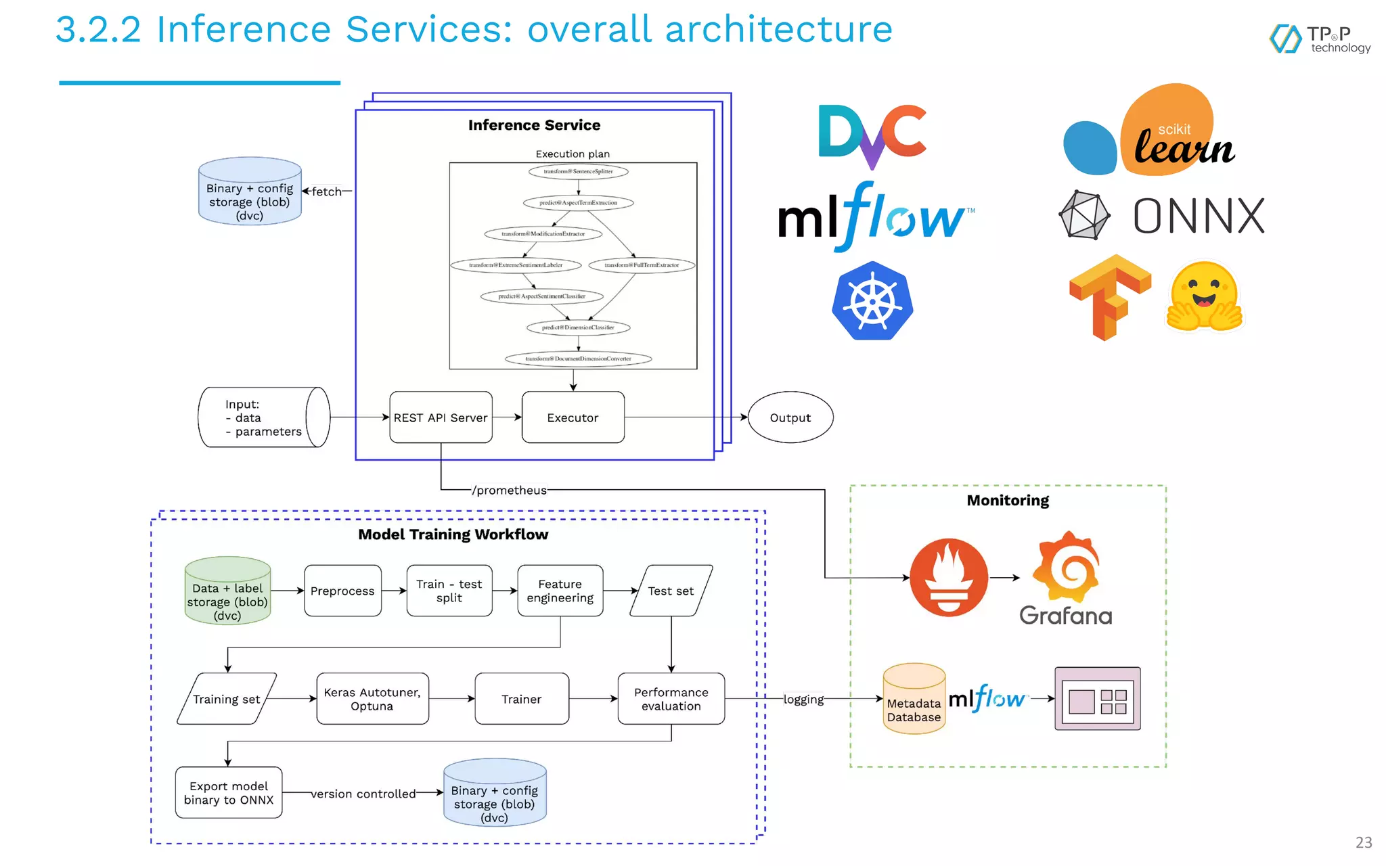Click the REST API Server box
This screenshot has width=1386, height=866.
point(441,417)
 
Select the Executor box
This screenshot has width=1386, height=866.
point(573,417)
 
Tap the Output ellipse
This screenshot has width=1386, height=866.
point(790,417)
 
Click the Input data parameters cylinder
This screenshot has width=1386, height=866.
point(264,417)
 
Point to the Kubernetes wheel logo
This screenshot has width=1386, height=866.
point(872,300)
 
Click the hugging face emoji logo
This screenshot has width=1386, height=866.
point(1205,297)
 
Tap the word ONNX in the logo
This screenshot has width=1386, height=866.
point(1199,216)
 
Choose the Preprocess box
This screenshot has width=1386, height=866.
point(342,591)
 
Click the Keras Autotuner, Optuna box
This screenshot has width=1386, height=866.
point(372,699)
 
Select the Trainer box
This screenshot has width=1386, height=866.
point(522,699)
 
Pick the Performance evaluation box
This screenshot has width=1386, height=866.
point(671,699)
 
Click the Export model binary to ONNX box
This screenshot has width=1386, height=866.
point(229,792)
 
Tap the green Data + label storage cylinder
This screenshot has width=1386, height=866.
point(227,591)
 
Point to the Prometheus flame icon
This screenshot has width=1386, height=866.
point(949,577)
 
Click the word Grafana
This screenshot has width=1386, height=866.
point(1065,616)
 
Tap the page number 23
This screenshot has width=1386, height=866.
point(1364,842)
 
